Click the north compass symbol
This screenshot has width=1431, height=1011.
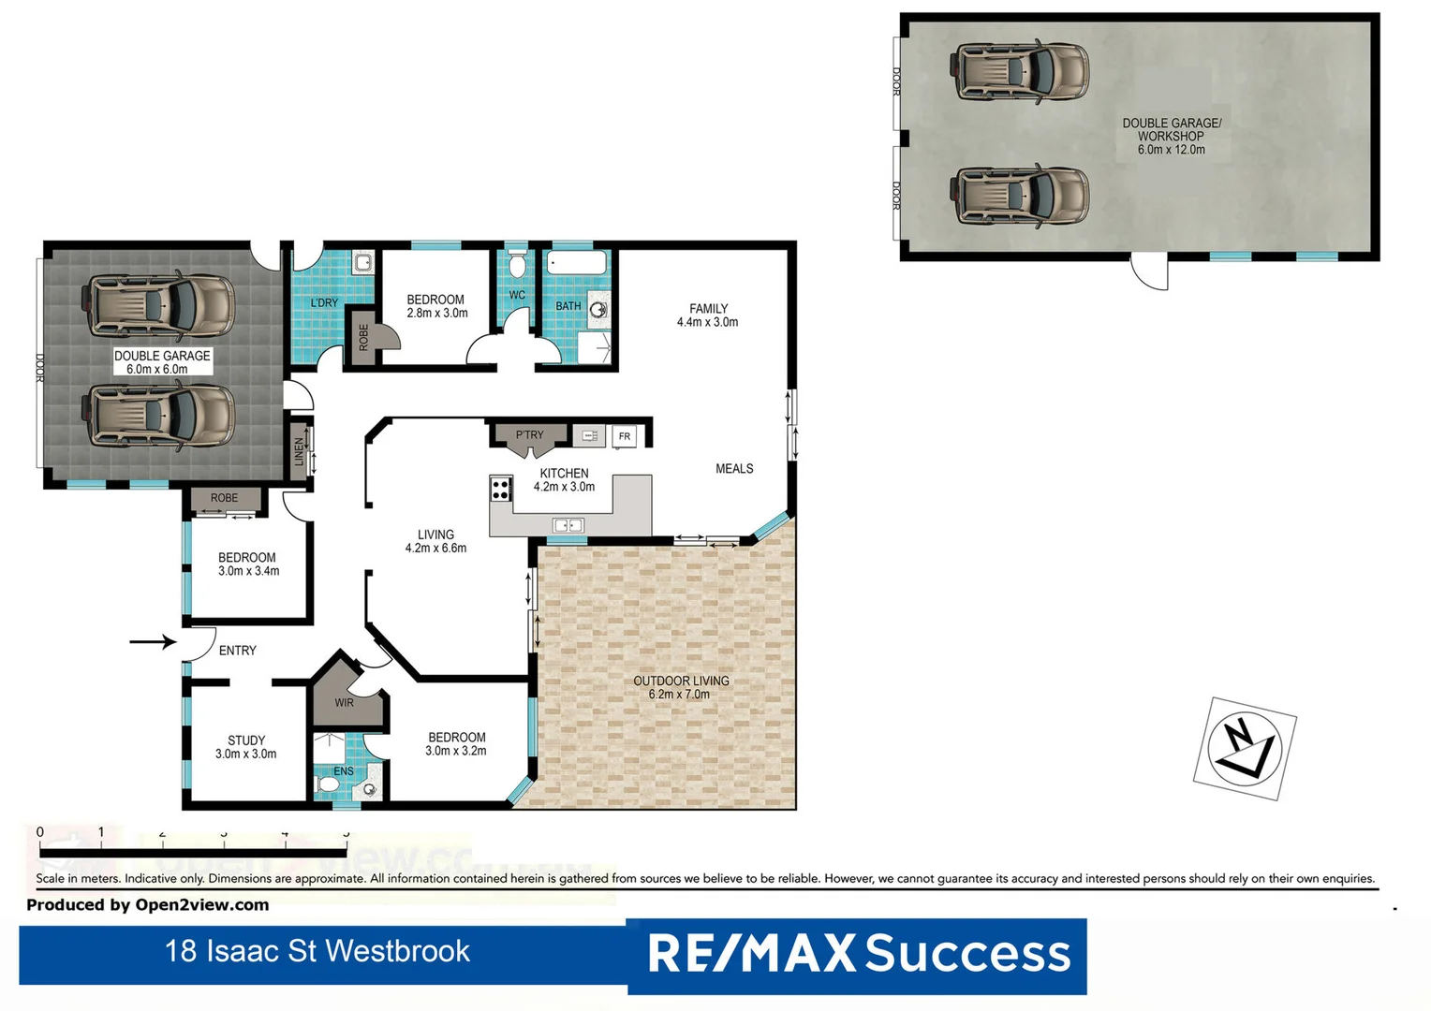1244,748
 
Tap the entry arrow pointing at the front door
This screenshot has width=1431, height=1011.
153,641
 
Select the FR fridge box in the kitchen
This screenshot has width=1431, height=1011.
624,436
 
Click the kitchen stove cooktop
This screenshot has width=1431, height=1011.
501,489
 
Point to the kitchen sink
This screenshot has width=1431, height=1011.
568,525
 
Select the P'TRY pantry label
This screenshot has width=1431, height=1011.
529,435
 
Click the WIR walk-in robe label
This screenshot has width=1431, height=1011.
344,702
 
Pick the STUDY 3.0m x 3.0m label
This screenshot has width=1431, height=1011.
246,747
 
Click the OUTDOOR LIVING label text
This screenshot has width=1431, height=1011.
681,687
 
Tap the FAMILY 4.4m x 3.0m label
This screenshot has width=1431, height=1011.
708,315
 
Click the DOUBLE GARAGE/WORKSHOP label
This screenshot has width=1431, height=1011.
1172,136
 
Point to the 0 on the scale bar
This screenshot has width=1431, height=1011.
39,832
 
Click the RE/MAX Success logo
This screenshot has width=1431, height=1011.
858,954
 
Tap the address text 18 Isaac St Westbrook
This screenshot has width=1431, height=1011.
317,951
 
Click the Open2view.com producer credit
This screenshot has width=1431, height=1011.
148,905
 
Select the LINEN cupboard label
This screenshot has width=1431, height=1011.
300,452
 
